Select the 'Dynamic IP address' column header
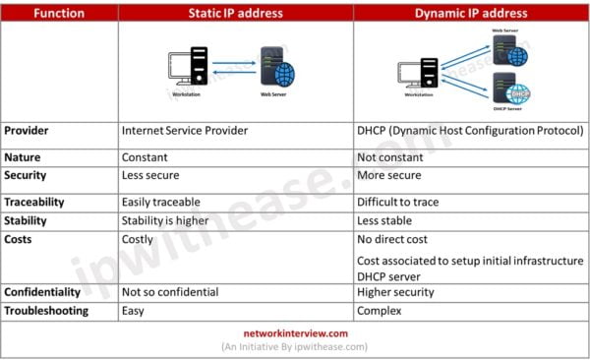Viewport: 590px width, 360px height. [x=471, y=12]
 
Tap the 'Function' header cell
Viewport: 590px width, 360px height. [x=59, y=12]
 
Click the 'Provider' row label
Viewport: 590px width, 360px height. [x=29, y=130]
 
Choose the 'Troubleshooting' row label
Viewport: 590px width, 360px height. [x=46, y=310]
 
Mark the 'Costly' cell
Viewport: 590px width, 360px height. [x=140, y=239]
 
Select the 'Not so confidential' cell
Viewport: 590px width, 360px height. [x=169, y=292]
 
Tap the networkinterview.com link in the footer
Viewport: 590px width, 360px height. [x=295, y=333]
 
